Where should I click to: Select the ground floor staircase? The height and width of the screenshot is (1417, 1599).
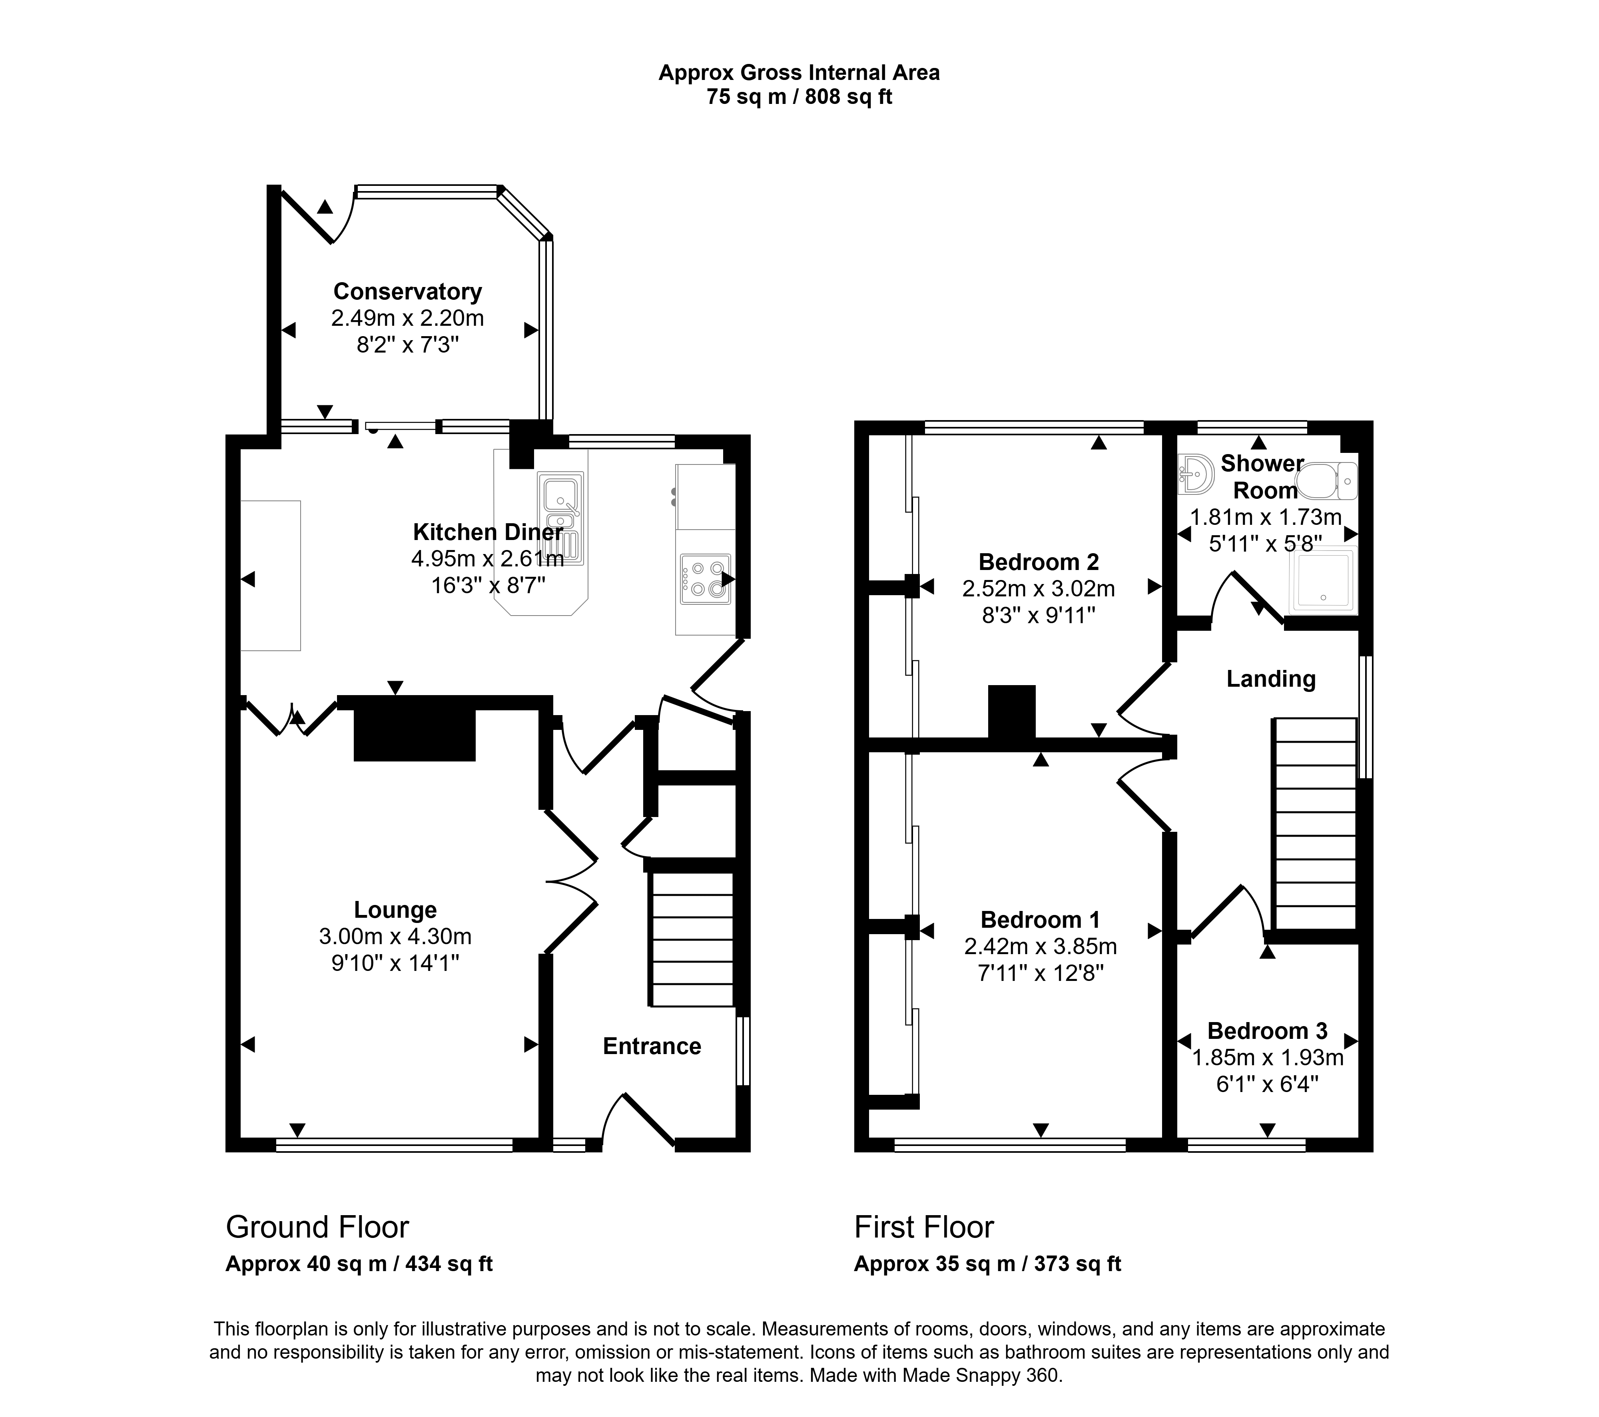click(x=692, y=939)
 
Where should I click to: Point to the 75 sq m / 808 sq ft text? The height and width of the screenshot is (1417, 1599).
click(x=799, y=97)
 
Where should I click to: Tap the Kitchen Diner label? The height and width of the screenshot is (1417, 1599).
click(x=487, y=532)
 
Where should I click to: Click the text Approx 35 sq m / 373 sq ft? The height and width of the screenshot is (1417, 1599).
click(x=987, y=1264)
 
